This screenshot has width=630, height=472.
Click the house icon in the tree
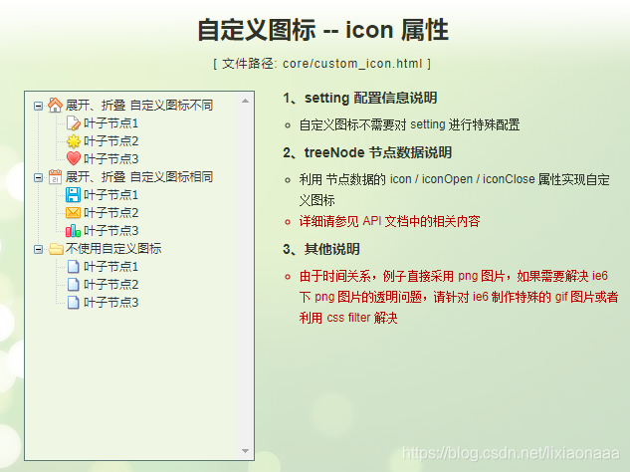[55, 105]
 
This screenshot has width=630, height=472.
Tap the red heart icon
[73, 158]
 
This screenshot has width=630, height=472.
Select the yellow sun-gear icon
[73, 140]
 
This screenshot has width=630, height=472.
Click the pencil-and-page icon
[73, 122]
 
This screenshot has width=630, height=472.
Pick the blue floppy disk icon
[73, 194]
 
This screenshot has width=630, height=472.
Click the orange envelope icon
[73, 212]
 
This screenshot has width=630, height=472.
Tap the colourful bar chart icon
[73, 230]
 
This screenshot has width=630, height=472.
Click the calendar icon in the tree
[55, 176]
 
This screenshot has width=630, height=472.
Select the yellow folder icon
[55, 248]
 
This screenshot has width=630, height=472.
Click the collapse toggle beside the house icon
[38, 105]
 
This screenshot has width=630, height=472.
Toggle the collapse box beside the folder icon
[38, 248]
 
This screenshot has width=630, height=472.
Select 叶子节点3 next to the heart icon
[110, 158]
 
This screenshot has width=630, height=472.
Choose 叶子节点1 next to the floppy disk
[110, 194]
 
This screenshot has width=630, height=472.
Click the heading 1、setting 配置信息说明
[359, 98]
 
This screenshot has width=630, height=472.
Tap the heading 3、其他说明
[321, 248]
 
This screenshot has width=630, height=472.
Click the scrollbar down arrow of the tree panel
[246, 450]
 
